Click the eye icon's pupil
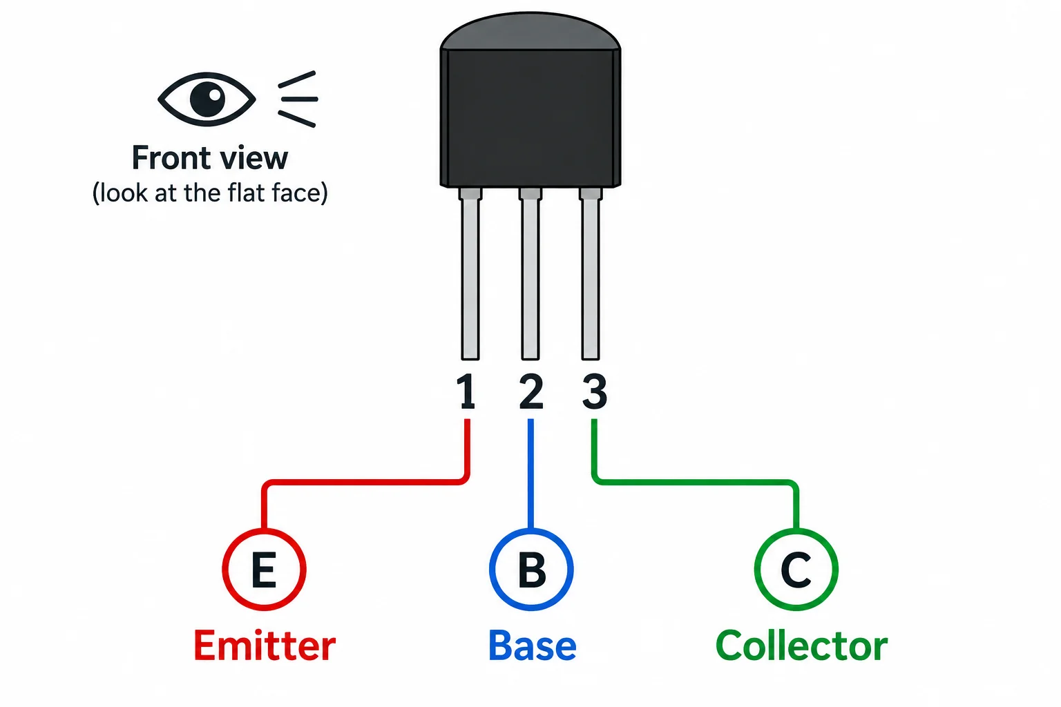click(x=207, y=99)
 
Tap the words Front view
click(x=210, y=158)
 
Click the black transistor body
click(x=530, y=118)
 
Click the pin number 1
click(x=467, y=391)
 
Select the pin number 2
click(x=531, y=391)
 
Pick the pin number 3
click(x=595, y=391)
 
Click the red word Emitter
click(x=265, y=646)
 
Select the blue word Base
click(x=533, y=646)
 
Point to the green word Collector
click(x=801, y=646)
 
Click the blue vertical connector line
click(x=530, y=474)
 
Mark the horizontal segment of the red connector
click(x=365, y=482)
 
